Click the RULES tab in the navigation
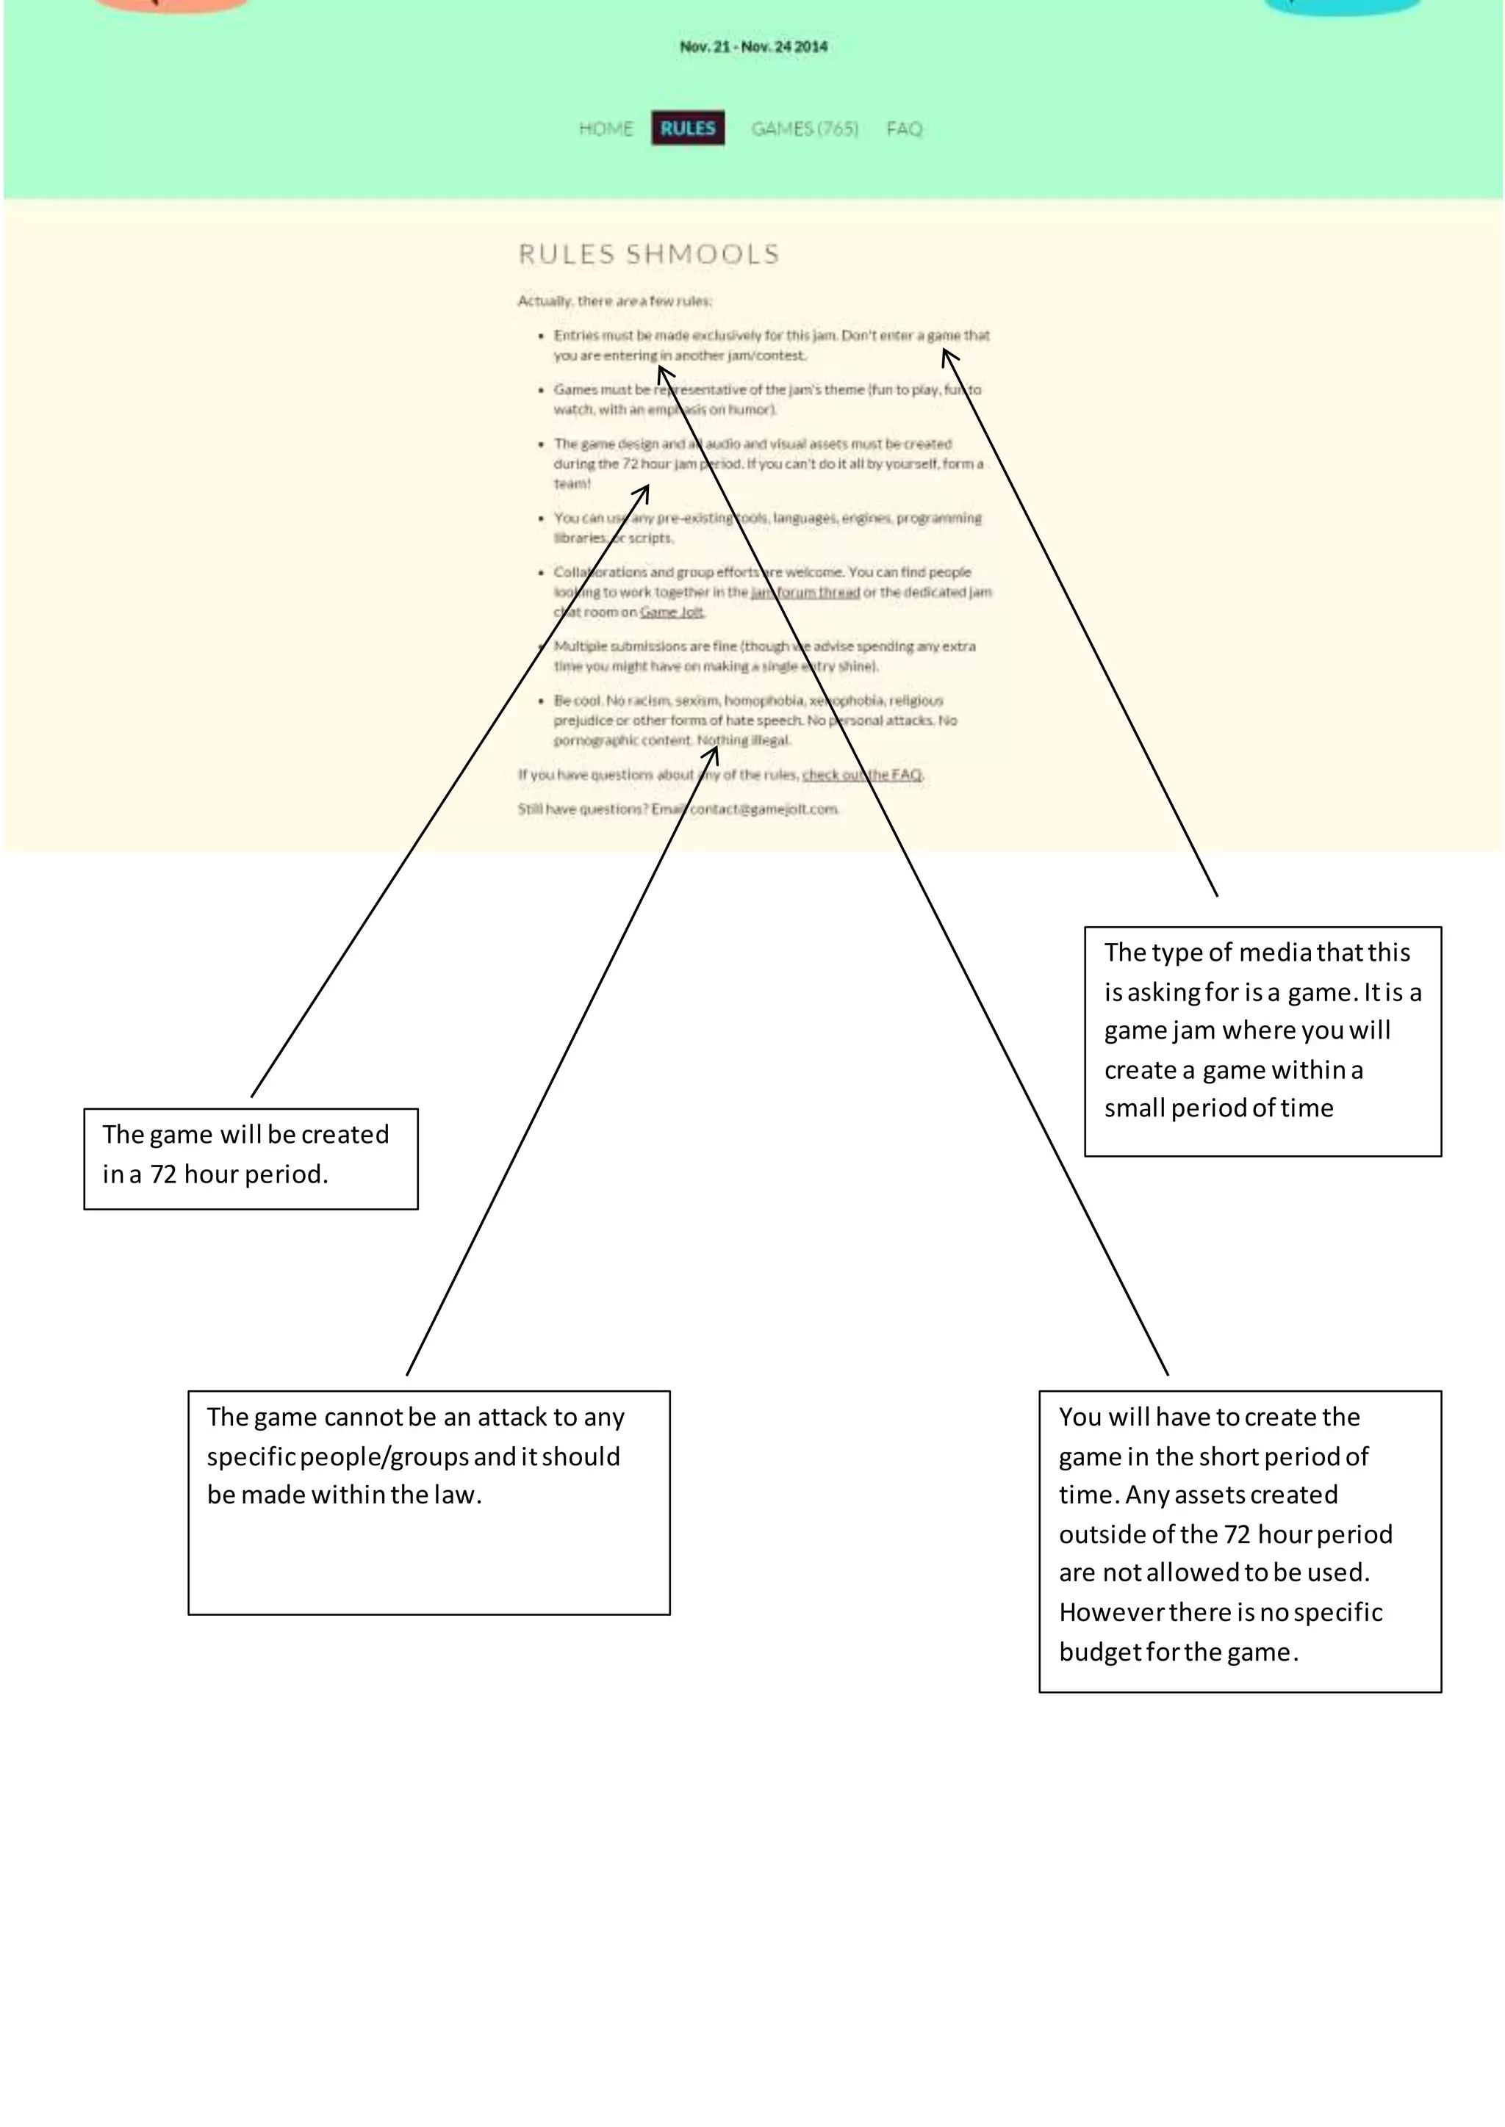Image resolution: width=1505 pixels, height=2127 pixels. tap(688, 128)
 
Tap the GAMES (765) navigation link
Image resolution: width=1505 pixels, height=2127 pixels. tap(805, 129)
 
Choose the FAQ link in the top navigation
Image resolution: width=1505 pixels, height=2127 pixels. tap(904, 129)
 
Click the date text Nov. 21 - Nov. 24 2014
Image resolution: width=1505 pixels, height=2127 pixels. tap(753, 46)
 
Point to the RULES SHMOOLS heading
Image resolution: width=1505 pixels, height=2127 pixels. tap(649, 254)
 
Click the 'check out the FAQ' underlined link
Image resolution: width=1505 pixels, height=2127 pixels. tap(862, 774)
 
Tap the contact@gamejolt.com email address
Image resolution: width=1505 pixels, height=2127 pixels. tap(764, 809)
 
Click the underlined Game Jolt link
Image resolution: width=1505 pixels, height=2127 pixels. tap(672, 613)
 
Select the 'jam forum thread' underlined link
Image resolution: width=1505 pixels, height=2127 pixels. tap(805, 592)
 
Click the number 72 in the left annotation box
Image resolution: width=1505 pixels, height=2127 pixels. tap(163, 1174)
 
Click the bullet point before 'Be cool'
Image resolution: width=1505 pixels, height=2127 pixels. tap(541, 701)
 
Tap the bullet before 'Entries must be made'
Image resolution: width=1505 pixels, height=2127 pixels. tap(541, 336)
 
